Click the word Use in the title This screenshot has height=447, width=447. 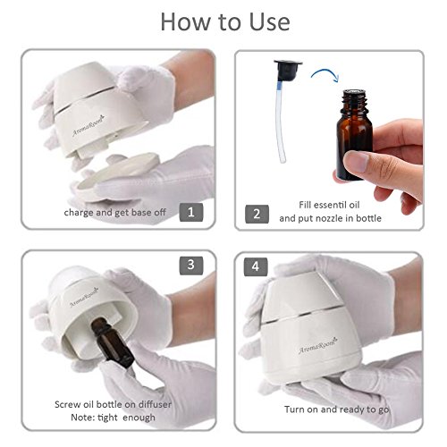tap(269, 22)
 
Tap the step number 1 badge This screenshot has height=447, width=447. tap(191, 212)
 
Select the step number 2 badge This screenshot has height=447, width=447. tap(257, 214)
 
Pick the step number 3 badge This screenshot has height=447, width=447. tap(191, 266)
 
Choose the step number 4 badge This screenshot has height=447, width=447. tap(256, 266)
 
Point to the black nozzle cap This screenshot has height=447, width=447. tap(288, 69)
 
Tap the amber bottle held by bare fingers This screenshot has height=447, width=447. tap(354, 136)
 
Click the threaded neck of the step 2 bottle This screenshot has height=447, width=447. tap(354, 101)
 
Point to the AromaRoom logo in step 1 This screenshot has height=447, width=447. tap(89, 126)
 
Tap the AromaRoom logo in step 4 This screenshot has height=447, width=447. tap(318, 346)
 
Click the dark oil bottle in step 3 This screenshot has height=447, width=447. tap(111, 342)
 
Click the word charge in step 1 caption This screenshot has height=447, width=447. tap(79, 213)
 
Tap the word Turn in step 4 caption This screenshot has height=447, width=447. tap(294, 409)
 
